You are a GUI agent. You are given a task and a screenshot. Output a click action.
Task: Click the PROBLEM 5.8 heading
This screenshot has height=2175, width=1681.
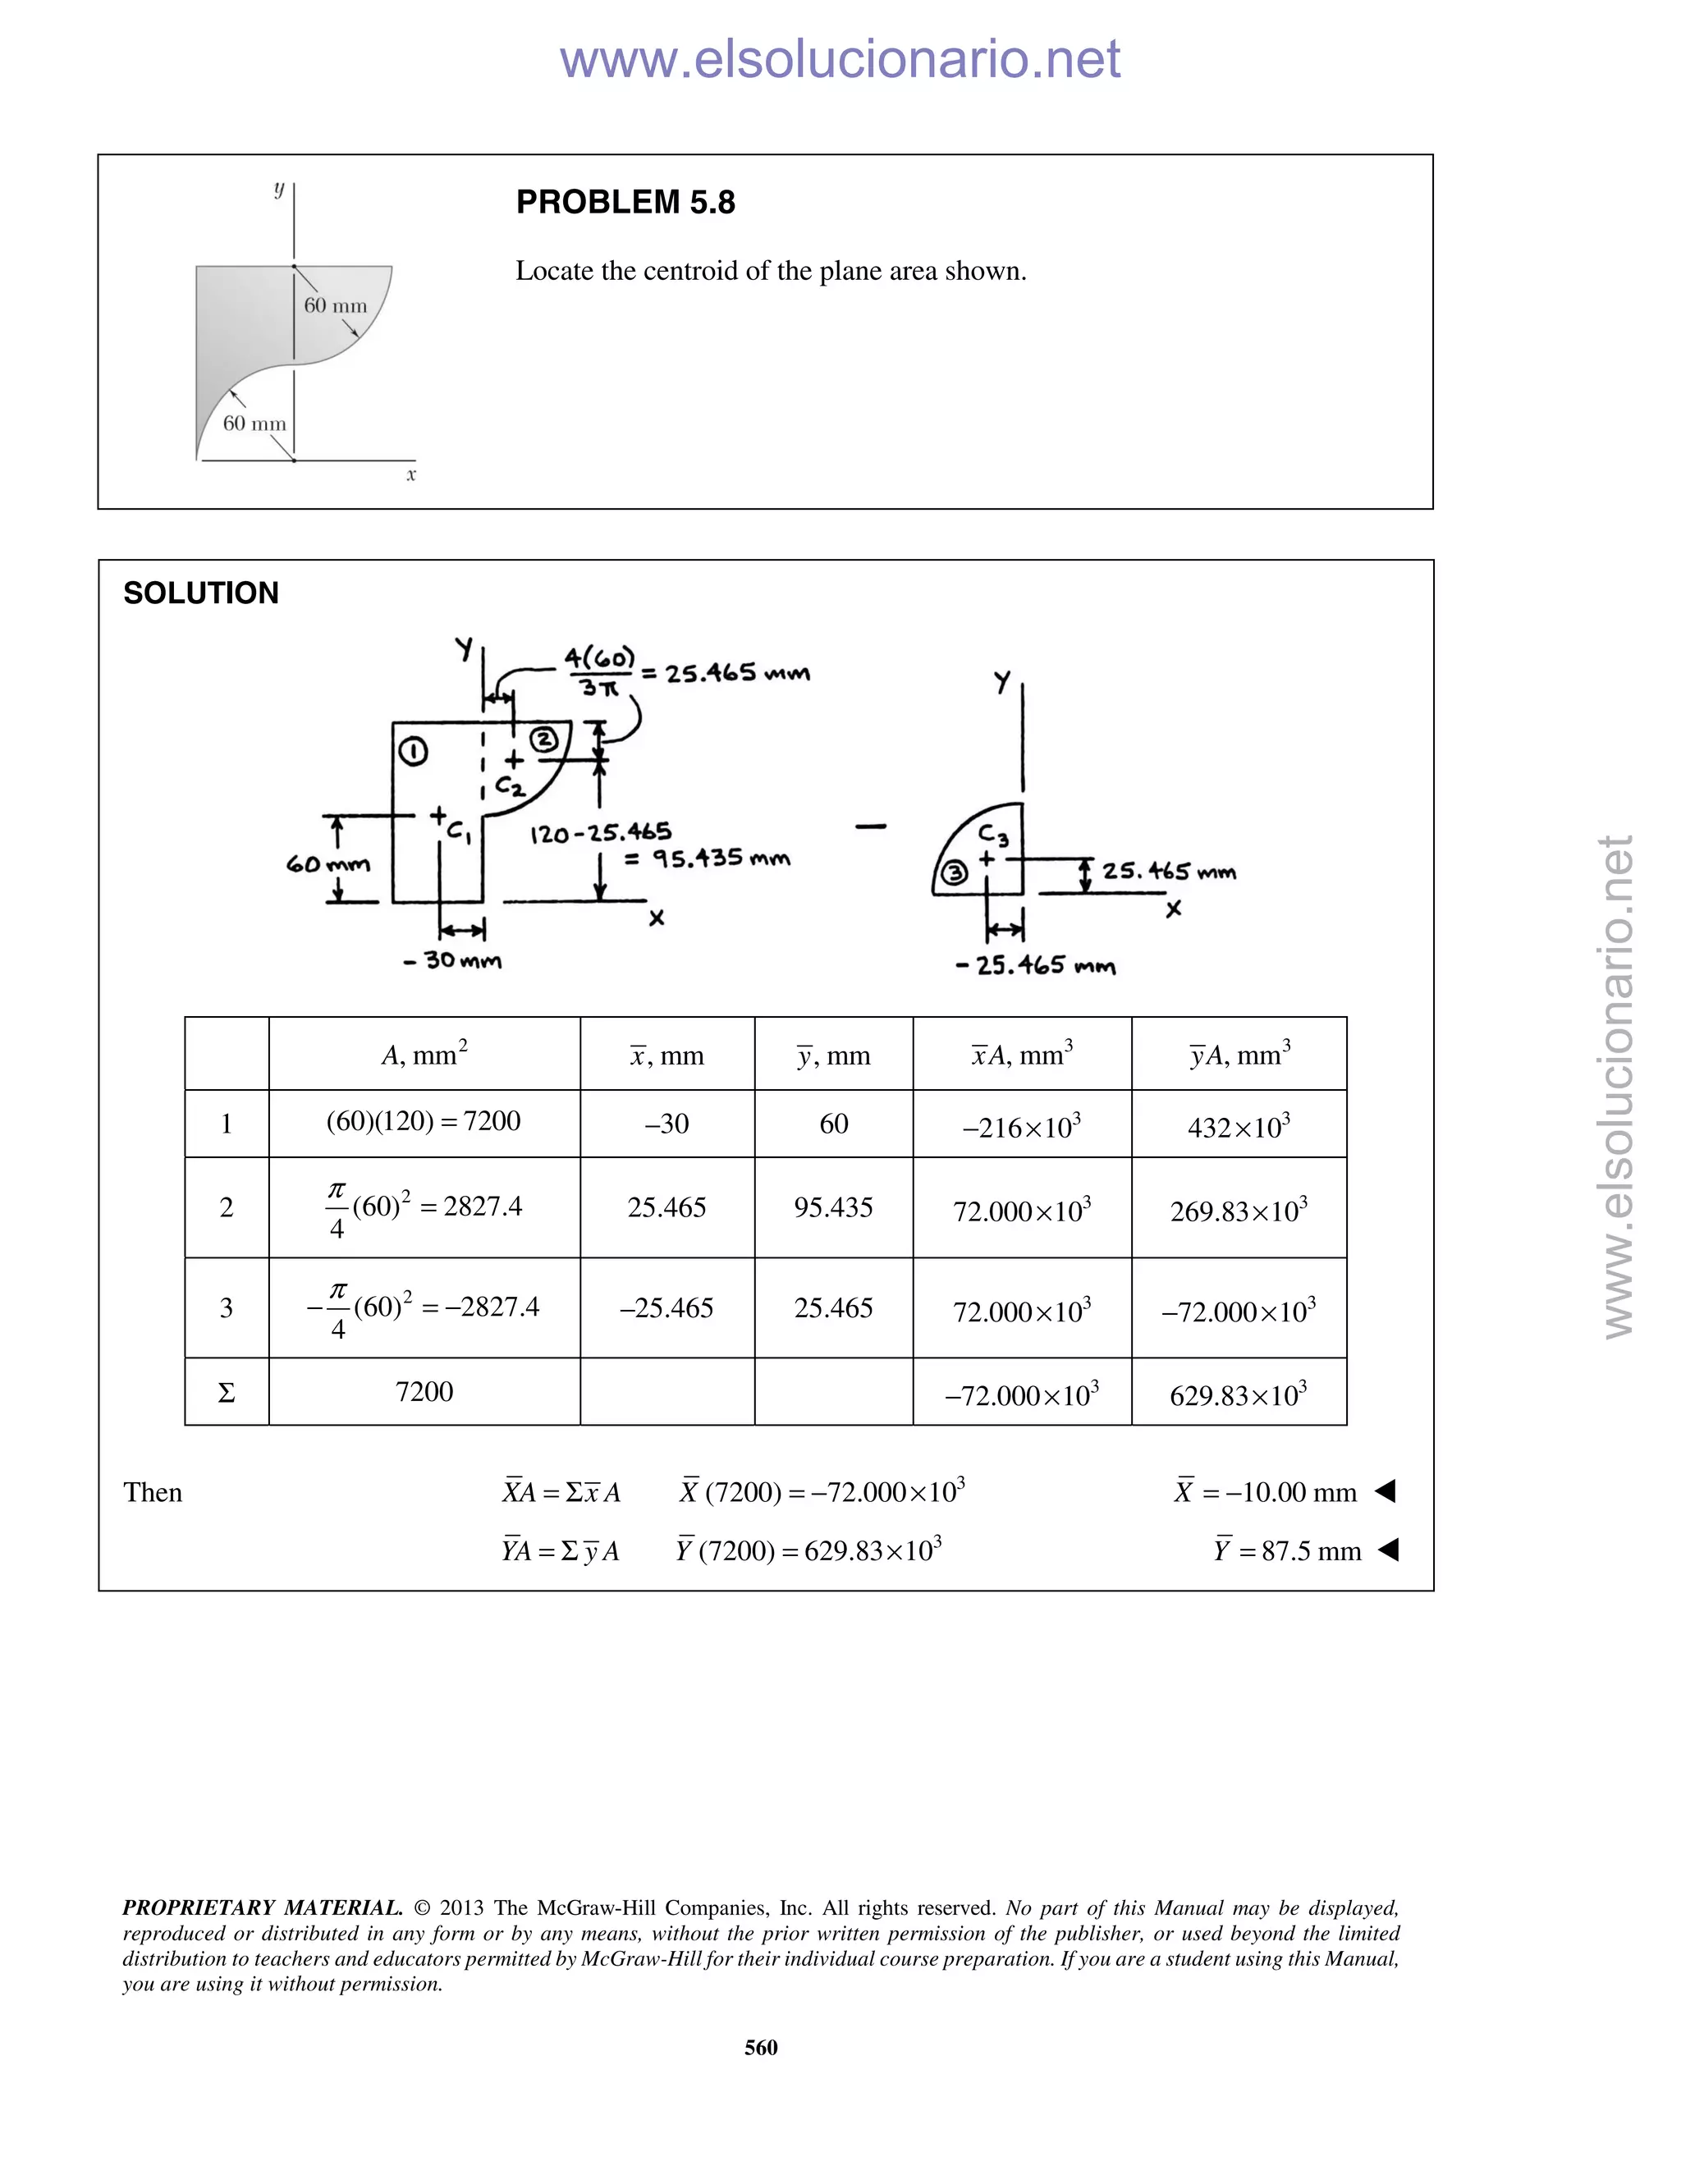625,202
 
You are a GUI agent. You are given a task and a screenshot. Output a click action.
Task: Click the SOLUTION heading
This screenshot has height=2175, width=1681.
200,593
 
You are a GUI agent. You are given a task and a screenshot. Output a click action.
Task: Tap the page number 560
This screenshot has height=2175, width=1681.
761,2046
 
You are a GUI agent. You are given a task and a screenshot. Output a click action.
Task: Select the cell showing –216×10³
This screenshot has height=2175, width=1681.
1021,1126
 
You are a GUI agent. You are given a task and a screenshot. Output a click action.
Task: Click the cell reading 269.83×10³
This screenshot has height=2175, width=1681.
1238,1210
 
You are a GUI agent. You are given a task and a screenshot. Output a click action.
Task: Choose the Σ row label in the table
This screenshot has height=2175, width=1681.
226,1392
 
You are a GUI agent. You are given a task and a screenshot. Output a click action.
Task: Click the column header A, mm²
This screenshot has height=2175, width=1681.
424,1054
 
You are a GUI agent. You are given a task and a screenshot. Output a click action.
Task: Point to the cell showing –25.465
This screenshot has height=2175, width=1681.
666,1307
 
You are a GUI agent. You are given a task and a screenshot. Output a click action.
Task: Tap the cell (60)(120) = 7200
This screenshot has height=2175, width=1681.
424,1121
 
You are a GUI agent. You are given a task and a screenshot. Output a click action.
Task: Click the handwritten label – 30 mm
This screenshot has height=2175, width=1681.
453,961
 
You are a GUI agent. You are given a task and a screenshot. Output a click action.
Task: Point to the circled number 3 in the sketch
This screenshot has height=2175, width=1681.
954,873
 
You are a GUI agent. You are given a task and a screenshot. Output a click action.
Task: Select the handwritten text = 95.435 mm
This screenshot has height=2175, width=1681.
707,859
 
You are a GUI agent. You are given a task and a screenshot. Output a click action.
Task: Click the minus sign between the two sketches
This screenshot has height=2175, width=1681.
869,826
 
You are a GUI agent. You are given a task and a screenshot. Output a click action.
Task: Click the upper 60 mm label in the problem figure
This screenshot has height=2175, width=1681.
335,306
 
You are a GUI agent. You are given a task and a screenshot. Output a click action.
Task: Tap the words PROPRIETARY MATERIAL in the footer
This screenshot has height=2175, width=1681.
262,1907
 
